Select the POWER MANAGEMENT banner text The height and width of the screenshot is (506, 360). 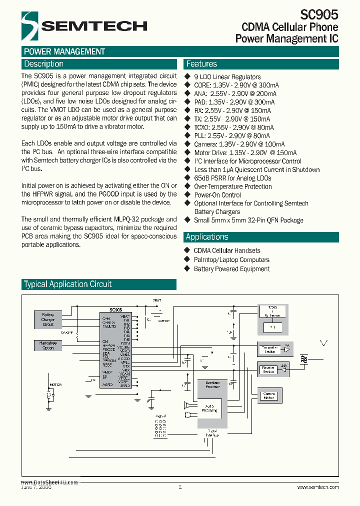click(x=64, y=51)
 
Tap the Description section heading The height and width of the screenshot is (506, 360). click(x=44, y=64)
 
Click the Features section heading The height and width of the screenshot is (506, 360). click(x=201, y=64)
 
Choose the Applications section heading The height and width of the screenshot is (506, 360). click(x=207, y=237)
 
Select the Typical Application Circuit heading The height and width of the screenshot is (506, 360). click(x=68, y=284)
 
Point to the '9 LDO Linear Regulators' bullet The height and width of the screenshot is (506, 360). click(x=227, y=77)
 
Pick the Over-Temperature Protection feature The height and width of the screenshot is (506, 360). click(x=233, y=186)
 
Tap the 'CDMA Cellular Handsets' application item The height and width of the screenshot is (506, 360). click(x=227, y=250)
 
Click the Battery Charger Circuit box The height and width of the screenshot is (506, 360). click(x=48, y=319)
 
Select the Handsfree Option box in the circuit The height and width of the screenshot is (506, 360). click(x=48, y=345)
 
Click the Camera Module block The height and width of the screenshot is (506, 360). click(x=269, y=396)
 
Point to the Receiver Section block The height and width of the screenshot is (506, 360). click(x=269, y=369)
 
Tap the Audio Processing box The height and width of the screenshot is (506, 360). click(x=209, y=408)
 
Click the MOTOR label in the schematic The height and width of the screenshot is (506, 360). click(x=55, y=384)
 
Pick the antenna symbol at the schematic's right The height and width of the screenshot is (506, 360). click(x=323, y=343)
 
